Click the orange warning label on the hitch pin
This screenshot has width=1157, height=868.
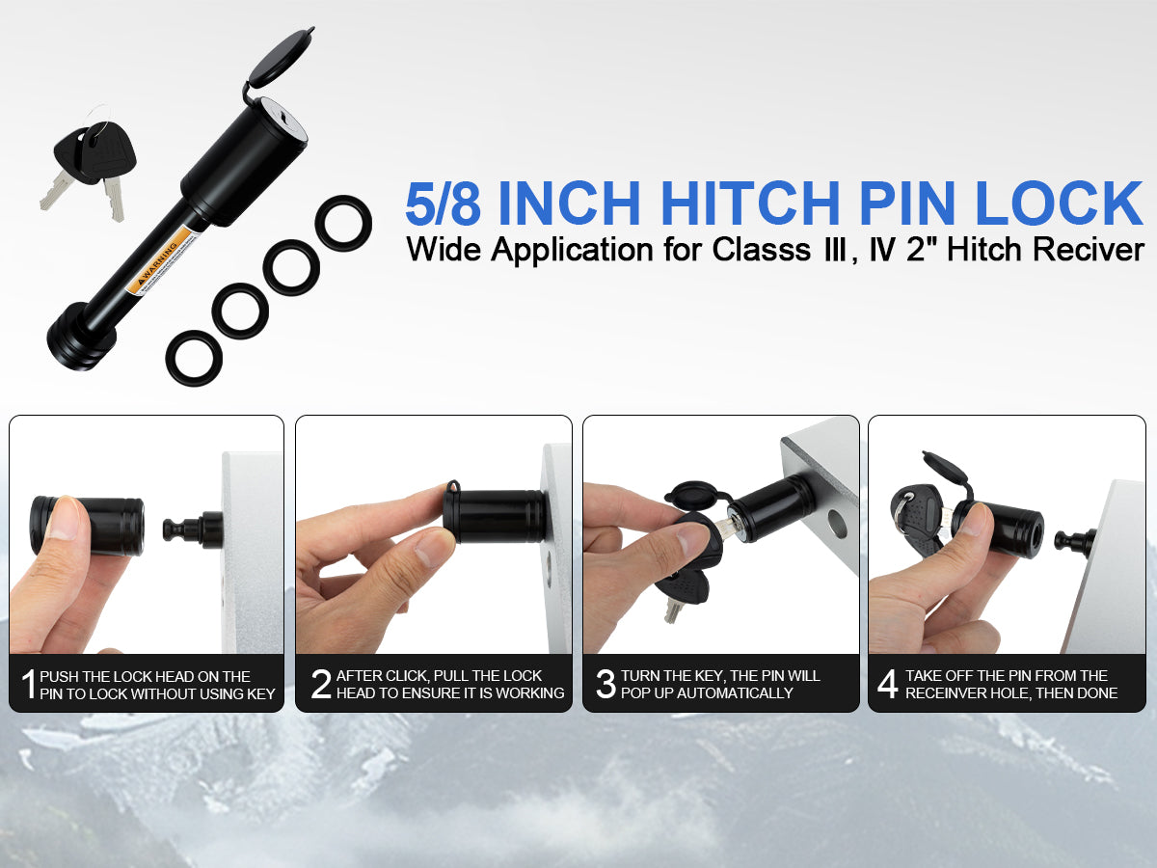click(x=162, y=261)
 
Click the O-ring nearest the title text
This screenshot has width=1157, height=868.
click(x=343, y=224)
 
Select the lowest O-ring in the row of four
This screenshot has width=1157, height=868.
click(x=194, y=358)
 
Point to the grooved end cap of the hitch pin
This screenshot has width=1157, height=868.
click(x=80, y=337)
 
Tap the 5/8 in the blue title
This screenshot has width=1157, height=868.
click(x=443, y=203)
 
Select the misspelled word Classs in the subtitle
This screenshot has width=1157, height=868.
click(x=762, y=249)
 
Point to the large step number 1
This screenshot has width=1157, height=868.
click(x=29, y=685)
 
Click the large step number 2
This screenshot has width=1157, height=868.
click(x=320, y=684)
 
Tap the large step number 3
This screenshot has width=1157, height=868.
click(x=605, y=684)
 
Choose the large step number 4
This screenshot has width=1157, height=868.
click(x=888, y=684)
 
